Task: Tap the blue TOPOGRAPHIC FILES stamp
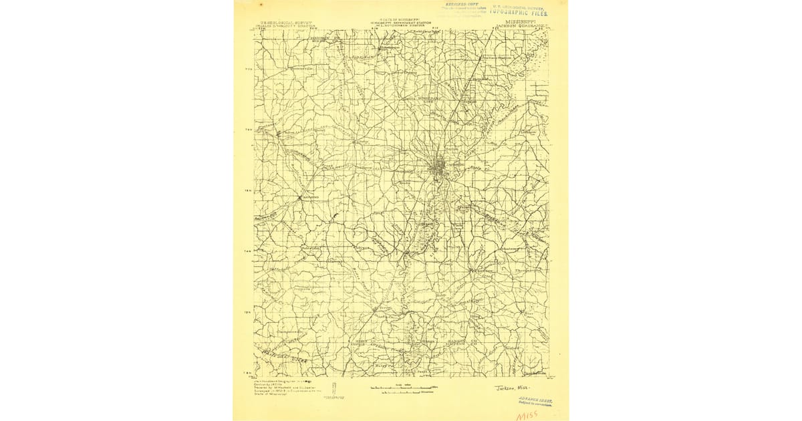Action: (x=519, y=11)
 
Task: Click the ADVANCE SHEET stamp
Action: (x=535, y=400)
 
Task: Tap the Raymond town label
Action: (x=311, y=198)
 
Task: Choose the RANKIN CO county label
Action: (x=477, y=342)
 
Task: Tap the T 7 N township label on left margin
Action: (x=248, y=69)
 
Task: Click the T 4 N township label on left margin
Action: (x=248, y=251)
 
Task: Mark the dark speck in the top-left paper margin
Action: (x=242, y=8)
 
